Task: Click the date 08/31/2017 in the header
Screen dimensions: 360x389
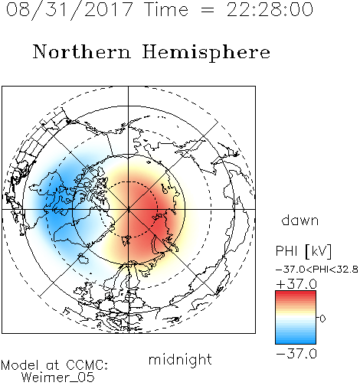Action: pos(69,10)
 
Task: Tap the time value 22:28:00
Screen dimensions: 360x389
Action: pos(270,10)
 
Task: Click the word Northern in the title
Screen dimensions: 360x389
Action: pos(82,51)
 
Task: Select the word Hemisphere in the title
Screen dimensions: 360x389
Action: pos(206,53)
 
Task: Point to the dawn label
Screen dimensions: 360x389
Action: pos(300,220)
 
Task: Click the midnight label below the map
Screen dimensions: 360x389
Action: pos(180,359)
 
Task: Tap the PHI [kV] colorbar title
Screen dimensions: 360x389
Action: pos(303,251)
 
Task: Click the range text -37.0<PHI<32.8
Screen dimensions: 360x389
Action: pos(317,270)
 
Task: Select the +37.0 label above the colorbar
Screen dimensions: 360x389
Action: pos(296,284)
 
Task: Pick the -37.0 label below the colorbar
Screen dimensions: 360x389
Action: pos(296,354)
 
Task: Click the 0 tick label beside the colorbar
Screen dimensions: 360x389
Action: pos(322,319)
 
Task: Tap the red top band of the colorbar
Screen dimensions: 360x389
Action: pos(296,293)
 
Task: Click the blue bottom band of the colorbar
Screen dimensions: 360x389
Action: pos(296,341)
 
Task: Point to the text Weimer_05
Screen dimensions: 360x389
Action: pos(58,377)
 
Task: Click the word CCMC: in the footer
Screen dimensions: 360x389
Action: pos(87,365)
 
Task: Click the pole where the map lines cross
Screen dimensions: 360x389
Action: pos(129,209)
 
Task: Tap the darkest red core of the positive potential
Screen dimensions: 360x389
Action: pos(155,221)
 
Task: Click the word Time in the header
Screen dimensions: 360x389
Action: pos(166,9)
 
